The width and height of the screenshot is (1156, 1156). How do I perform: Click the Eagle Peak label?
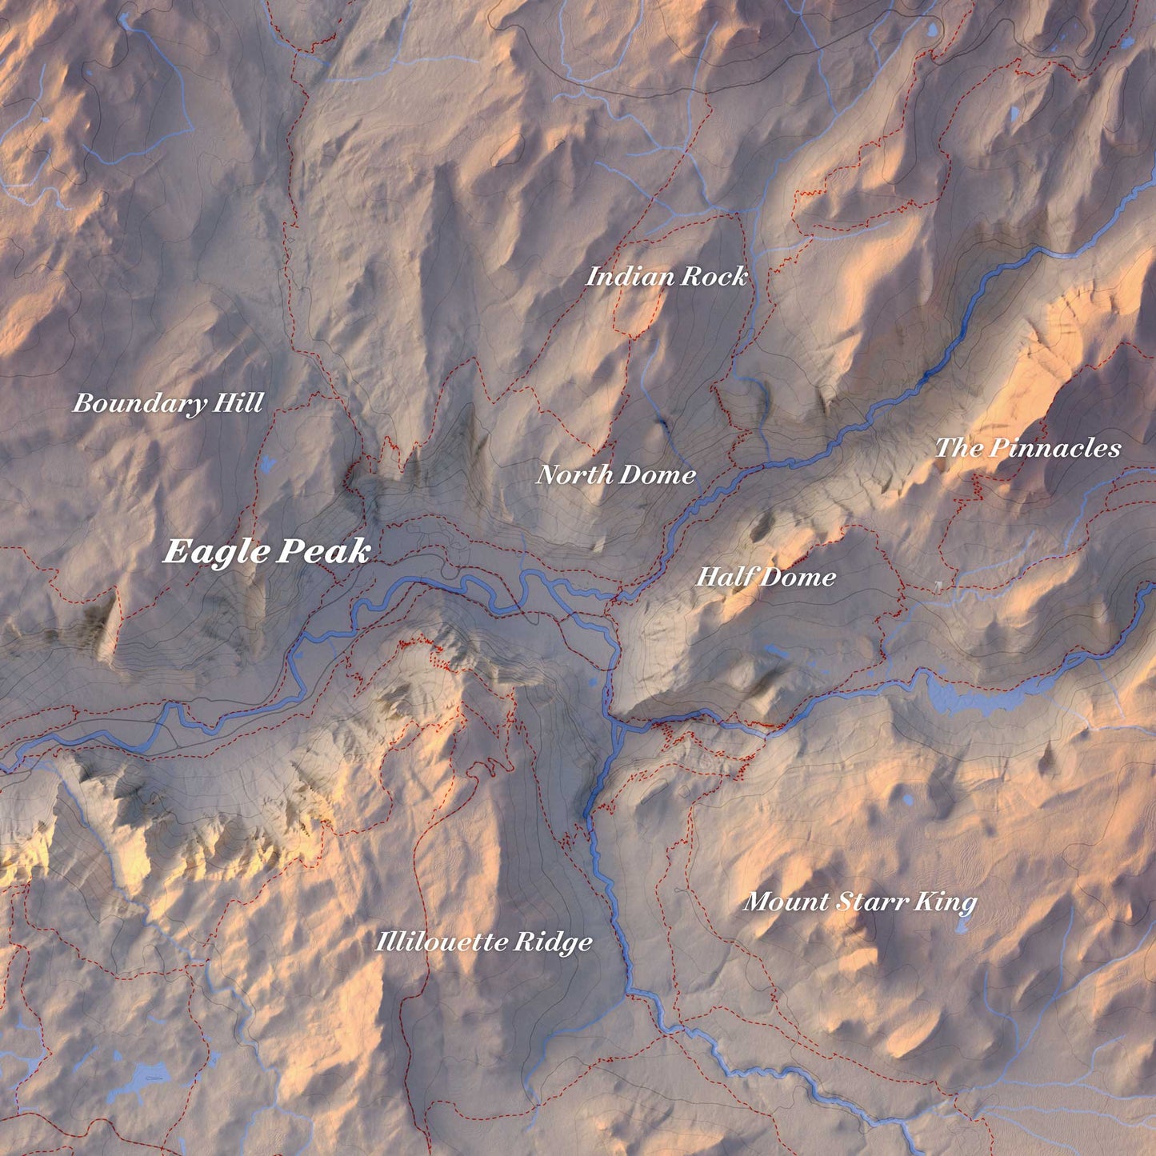click(x=266, y=552)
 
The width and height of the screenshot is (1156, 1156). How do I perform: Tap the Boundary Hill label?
click(x=168, y=403)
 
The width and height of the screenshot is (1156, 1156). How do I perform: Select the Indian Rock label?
click(x=666, y=277)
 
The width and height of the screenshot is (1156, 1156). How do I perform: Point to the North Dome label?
click(x=615, y=475)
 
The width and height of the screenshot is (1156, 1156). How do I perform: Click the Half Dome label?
click(x=766, y=577)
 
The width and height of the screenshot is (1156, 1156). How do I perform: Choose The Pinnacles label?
click(x=1028, y=448)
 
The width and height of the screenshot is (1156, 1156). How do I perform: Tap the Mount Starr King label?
click(x=860, y=902)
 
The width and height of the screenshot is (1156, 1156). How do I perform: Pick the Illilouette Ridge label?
click(x=484, y=942)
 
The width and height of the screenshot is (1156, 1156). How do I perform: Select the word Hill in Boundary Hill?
click(x=238, y=403)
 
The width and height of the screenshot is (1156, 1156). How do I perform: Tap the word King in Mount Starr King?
click(x=946, y=902)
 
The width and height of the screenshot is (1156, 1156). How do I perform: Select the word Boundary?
click(x=138, y=403)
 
